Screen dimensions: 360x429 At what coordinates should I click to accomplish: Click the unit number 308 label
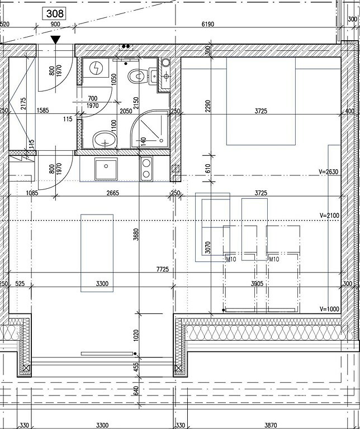coord(55,13)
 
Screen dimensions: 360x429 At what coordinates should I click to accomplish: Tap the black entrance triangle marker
coord(55,40)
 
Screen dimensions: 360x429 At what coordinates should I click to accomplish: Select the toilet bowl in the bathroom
coord(136,76)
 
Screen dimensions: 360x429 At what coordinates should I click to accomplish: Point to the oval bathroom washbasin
coord(105,140)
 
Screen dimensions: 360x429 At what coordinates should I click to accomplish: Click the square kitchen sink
coord(106,169)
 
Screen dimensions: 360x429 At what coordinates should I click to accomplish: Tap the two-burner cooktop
coord(146,169)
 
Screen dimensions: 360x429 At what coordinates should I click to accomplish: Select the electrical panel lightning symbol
coord(96,68)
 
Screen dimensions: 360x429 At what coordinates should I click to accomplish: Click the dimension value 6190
coord(208,24)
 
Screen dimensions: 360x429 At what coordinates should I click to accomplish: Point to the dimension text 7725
coord(163,269)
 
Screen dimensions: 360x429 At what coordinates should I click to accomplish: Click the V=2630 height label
coord(329,172)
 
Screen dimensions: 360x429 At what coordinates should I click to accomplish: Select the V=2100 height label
coord(329,216)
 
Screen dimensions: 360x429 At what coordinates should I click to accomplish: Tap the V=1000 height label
coord(329,309)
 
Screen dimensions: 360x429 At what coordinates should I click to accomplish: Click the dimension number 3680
coord(136,235)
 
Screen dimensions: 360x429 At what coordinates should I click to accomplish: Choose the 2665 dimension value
coord(112,193)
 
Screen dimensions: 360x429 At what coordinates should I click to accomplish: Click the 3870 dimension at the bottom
coord(271,425)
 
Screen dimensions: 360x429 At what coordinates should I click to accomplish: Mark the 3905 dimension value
coord(257,284)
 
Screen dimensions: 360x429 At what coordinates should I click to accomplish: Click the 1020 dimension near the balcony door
coord(136,335)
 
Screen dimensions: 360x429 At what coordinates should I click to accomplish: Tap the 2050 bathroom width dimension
coord(126,111)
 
